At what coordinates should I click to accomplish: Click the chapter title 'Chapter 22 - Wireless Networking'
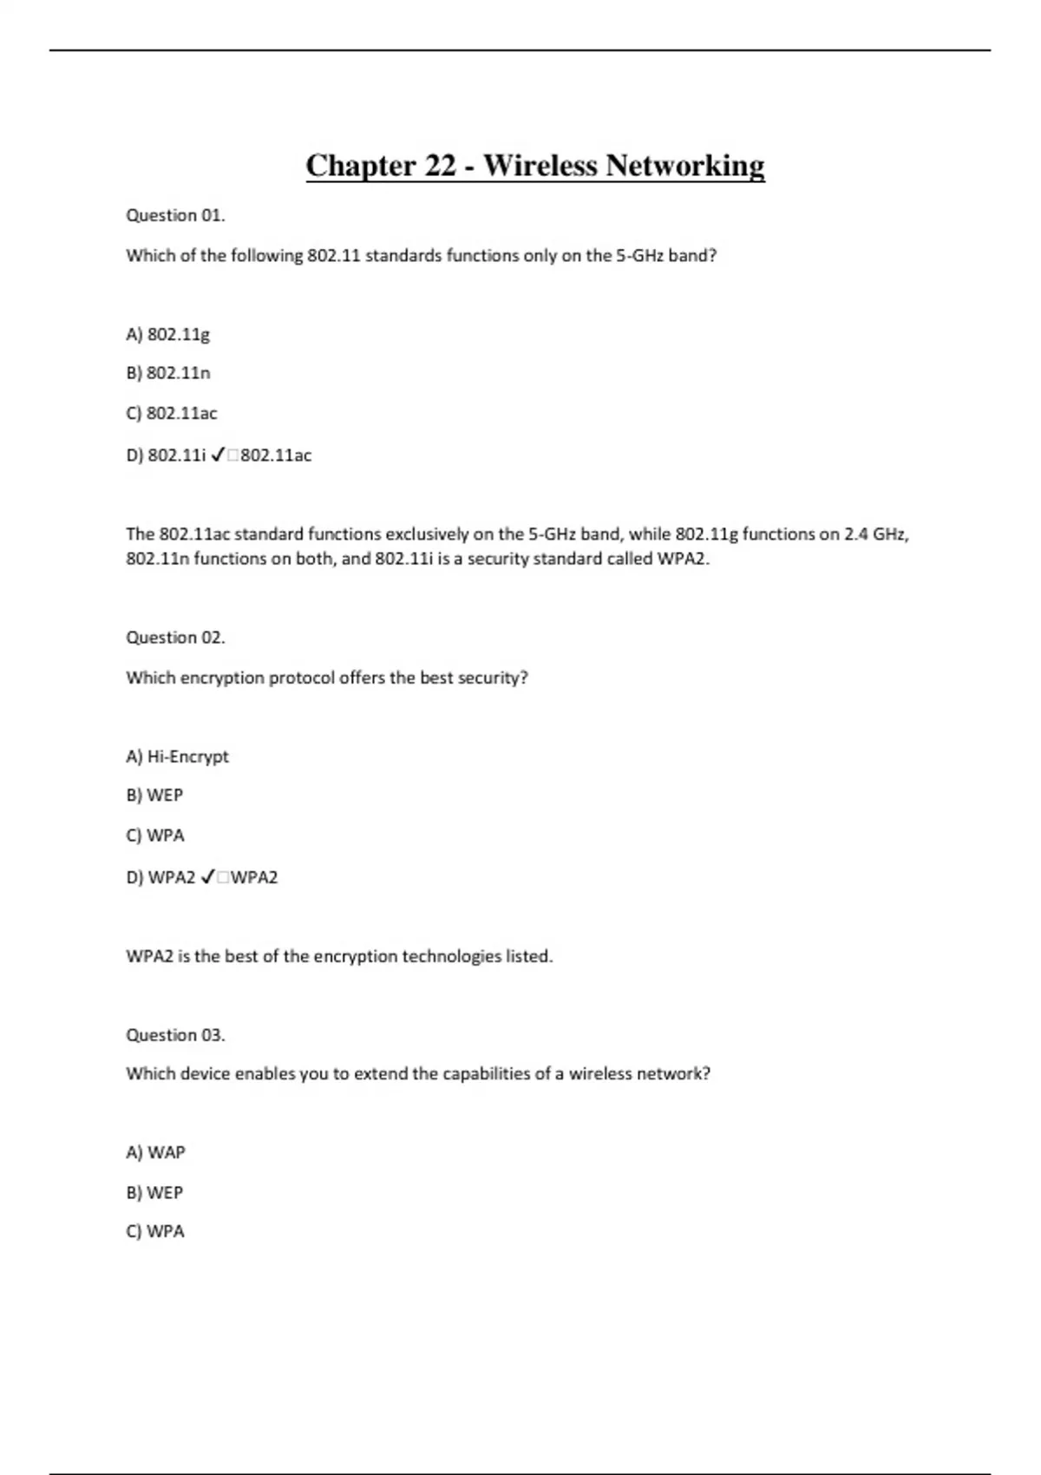[534, 165]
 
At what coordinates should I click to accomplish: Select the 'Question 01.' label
[175, 215]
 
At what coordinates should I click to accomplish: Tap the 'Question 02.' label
[175, 638]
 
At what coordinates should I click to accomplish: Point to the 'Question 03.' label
[175, 1034]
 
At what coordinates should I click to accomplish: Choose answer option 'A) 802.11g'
[167, 334]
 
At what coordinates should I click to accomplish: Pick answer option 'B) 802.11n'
[167, 373]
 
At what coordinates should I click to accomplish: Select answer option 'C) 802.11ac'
[171, 413]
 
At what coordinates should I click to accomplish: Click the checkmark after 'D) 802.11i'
[218, 455]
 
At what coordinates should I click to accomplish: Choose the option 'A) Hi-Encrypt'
[177, 757]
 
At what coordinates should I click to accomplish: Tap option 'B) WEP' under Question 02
[154, 795]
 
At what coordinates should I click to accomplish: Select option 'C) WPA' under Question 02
[154, 836]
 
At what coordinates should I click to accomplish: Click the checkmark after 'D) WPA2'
[207, 877]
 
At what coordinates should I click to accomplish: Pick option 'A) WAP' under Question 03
[155, 1152]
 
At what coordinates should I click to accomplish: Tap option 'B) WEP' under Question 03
[154, 1192]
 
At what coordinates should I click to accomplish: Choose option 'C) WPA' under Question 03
[154, 1231]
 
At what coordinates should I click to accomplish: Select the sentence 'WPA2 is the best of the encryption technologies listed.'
[339, 956]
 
